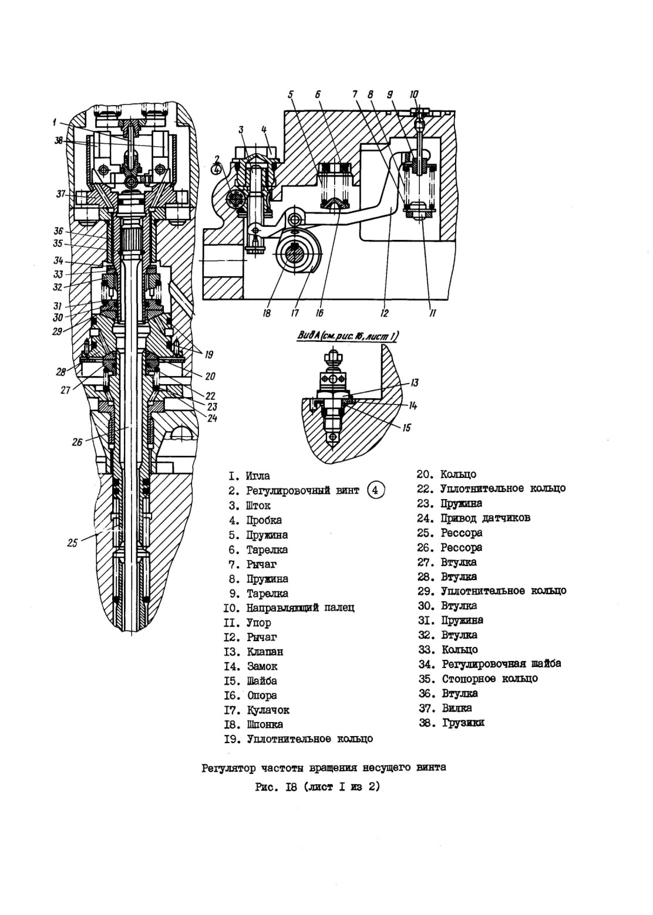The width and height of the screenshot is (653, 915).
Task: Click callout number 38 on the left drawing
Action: click(59, 140)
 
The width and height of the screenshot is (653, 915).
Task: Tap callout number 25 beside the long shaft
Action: click(72, 543)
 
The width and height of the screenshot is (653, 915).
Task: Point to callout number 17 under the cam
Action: click(295, 313)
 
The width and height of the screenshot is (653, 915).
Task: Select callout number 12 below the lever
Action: click(384, 313)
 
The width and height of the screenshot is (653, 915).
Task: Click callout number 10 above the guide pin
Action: click(414, 95)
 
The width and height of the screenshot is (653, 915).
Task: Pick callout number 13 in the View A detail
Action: click(415, 382)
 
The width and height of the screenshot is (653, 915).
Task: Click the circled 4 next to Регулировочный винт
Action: click(376, 490)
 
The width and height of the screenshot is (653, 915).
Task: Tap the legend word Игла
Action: click(258, 476)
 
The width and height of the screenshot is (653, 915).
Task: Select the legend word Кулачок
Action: click(268, 710)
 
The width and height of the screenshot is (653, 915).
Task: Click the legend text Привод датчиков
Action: click(486, 518)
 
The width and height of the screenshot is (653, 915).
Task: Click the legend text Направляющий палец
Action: click(301, 608)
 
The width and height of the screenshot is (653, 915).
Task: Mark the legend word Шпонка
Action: click(265, 724)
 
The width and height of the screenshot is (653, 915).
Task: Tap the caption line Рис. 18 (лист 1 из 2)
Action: click(318, 787)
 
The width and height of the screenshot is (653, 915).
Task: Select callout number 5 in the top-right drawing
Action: click(291, 95)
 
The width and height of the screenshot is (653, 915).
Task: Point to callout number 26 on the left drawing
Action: click(77, 442)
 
